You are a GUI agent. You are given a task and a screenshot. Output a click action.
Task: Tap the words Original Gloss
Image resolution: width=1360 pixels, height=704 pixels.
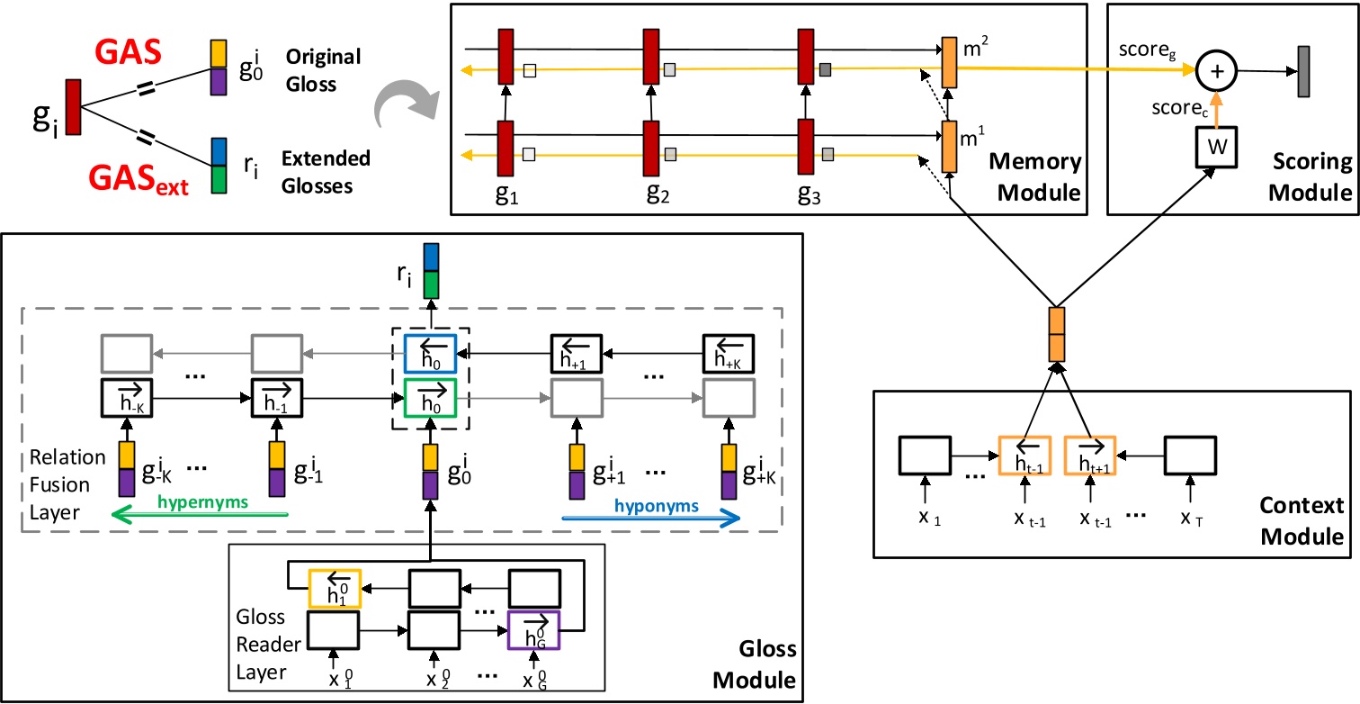(311, 70)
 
